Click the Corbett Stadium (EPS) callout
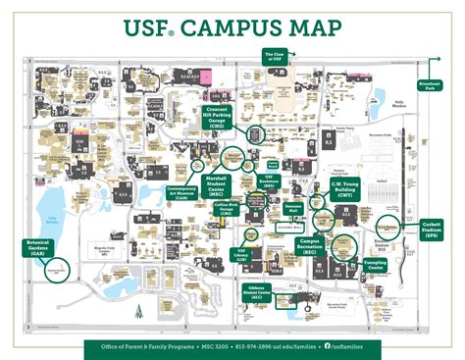coord(431,228)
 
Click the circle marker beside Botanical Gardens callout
coord(56,267)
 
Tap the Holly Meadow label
coord(399,101)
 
